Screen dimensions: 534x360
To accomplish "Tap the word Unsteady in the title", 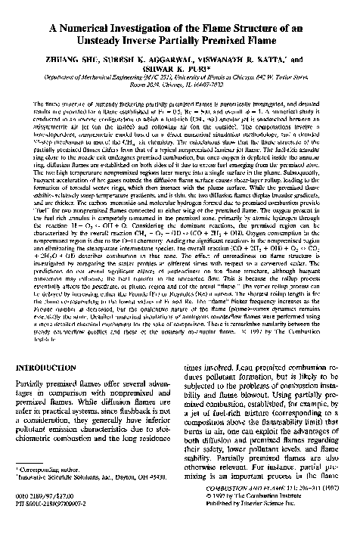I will pos(134,41).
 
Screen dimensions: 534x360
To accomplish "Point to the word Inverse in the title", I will pos(183,41).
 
